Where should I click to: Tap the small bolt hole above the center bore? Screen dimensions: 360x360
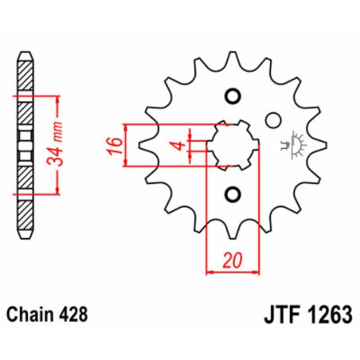click(x=233, y=96)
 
